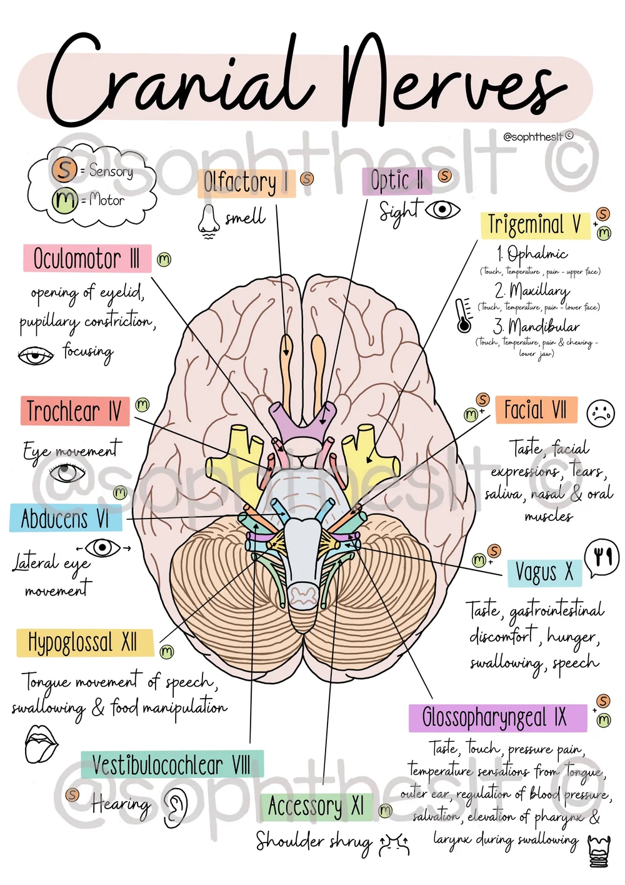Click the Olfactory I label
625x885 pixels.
pyautogui.click(x=246, y=183)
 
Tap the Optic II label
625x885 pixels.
pyautogui.click(x=396, y=181)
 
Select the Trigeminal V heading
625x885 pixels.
pyautogui.click(x=535, y=225)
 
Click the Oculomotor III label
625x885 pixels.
pyautogui.click(x=87, y=258)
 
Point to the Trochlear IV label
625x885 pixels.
pyautogui.click(x=74, y=411)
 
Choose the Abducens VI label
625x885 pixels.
pyautogui.click(x=65, y=518)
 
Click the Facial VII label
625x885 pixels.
pyautogui.click(x=536, y=410)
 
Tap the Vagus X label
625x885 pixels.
pyautogui.click(x=544, y=572)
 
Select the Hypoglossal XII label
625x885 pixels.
pyautogui.click(x=84, y=642)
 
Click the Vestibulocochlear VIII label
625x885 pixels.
pyautogui.click(x=171, y=764)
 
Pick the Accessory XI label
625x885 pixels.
pyautogui.click(x=316, y=806)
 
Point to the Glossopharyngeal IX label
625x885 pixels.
pyautogui.click(x=497, y=717)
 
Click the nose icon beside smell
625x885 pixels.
pyautogui.click(x=208, y=221)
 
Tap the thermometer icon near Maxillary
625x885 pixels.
pyautogui.click(x=464, y=315)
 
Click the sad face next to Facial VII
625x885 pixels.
pyautogui.click(x=601, y=413)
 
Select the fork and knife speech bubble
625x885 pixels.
pyautogui.click(x=602, y=556)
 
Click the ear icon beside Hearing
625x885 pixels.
pyautogui.click(x=176, y=807)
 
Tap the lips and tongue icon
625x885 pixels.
pyautogui.click(x=41, y=743)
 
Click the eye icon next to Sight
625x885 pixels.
pyautogui.click(x=442, y=210)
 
